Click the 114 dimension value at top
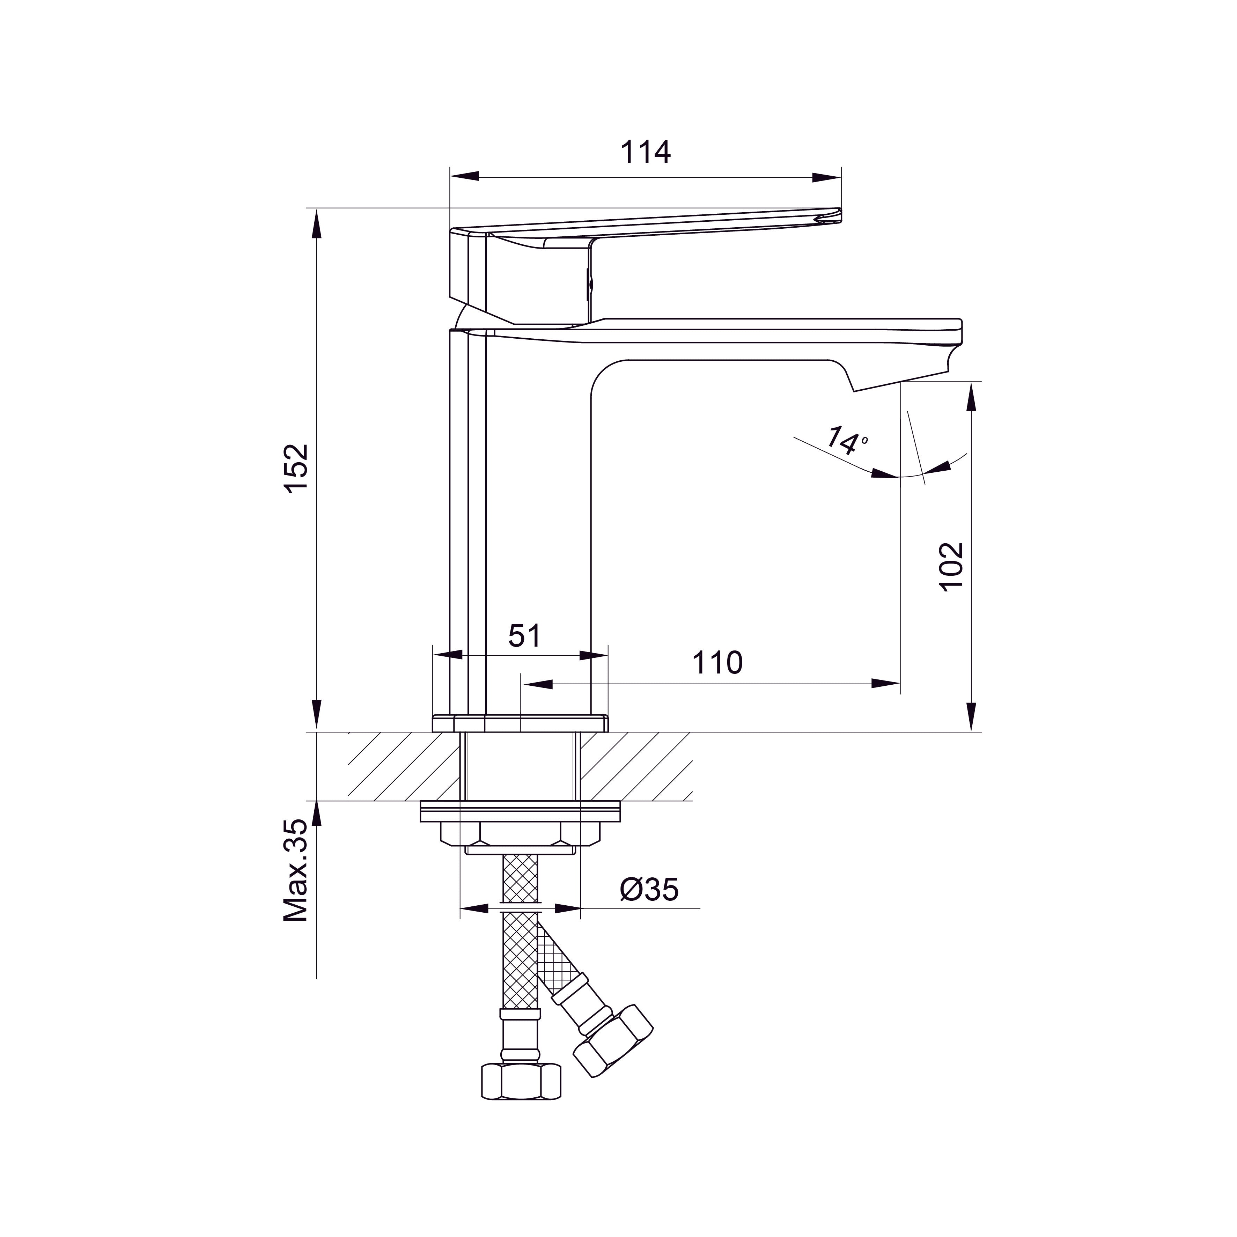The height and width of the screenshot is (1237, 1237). (x=646, y=152)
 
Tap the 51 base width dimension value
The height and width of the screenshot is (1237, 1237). (x=524, y=636)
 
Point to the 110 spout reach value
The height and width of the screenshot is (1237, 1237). (x=717, y=663)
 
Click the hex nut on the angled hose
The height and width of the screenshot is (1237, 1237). (x=613, y=1040)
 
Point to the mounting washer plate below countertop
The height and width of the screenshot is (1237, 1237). (x=520, y=812)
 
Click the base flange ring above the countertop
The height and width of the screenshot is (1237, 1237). (x=520, y=723)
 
